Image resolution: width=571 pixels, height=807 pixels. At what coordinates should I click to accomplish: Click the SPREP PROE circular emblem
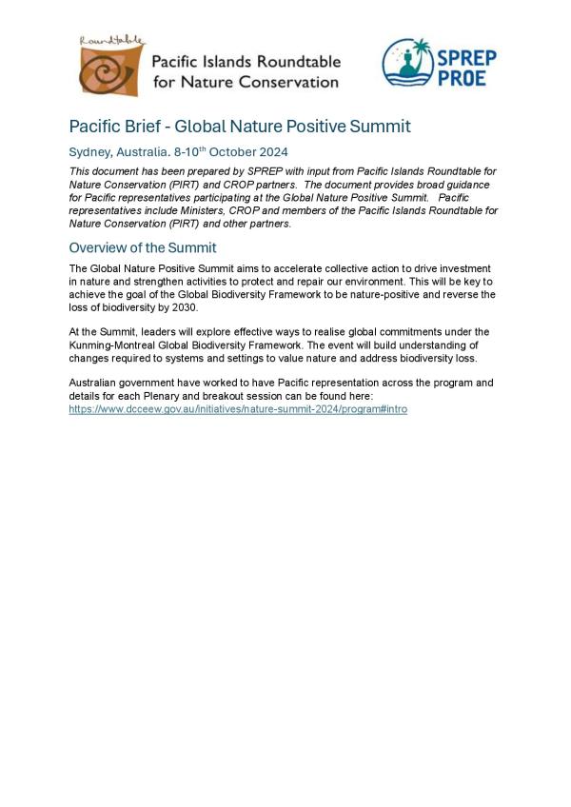click(x=407, y=62)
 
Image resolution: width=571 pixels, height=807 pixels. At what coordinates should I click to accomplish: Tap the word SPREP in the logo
click(x=466, y=57)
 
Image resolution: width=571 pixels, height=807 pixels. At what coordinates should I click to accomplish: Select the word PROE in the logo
click(x=462, y=78)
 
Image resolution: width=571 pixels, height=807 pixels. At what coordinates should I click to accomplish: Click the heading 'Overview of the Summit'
click(x=143, y=247)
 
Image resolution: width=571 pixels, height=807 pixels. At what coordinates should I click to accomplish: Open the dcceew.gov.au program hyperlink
click(x=238, y=408)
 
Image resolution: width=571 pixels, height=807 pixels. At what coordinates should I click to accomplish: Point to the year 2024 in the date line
click(x=272, y=152)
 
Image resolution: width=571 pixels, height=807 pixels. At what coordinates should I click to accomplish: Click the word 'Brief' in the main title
click(x=147, y=127)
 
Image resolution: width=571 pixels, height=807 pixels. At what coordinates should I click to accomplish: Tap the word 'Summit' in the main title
click(x=378, y=127)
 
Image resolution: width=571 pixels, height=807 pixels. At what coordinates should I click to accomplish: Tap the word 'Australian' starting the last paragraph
click(x=93, y=383)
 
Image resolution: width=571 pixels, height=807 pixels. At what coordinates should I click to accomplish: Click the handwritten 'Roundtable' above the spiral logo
click(x=111, y=41)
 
